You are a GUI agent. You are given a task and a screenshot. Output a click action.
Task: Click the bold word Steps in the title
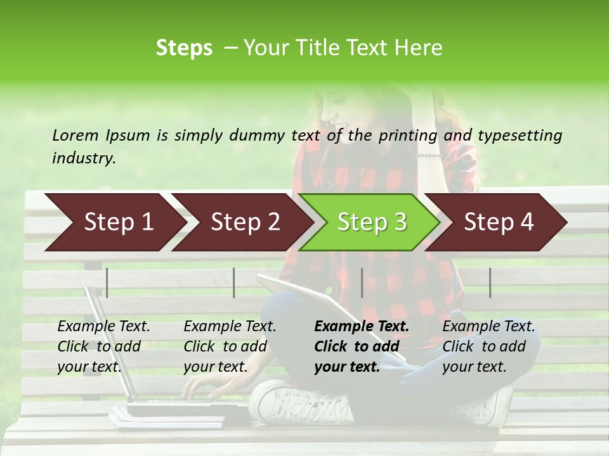[x=184, y=48]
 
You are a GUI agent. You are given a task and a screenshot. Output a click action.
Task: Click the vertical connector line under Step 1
[x=107, y=282]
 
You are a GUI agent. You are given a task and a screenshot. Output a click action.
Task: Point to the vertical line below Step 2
[x=234, y=282]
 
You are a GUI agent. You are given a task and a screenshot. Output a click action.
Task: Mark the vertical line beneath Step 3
[x=362, y=282]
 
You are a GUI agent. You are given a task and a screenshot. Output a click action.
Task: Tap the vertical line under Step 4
[x=490, y=282]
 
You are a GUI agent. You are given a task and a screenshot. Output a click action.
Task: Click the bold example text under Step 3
[x=362, y=346]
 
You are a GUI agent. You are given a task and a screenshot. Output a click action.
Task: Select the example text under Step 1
[x=103, y=346]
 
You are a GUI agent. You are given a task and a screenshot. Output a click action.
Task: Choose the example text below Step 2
[x=230, y=346]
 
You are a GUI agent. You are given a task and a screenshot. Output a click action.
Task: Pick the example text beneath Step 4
[x=488, y=346]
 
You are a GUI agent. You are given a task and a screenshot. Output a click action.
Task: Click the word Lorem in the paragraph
[x=75, y=135]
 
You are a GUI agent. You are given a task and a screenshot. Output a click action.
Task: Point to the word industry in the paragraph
[x=84, y=158]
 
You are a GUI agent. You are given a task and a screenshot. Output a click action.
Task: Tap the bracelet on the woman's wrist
[x=429, y=155]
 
